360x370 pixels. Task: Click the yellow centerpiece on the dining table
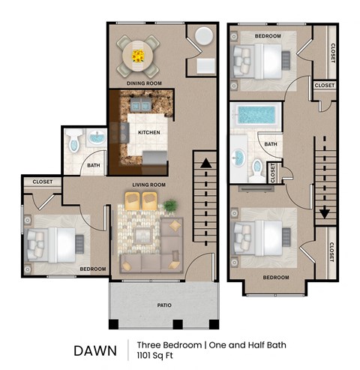tap(138, 55)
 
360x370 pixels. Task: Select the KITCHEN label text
tap(148, 133)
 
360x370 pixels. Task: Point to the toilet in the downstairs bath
tap(73, 141)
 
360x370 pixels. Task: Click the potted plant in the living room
tap(170, 205)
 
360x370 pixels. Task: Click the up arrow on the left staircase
tap(202, 161)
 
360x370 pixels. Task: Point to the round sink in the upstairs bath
tap(240, 158)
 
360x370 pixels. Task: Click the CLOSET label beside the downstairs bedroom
tap(42, 182)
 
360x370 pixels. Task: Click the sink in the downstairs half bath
tap(95, 139)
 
